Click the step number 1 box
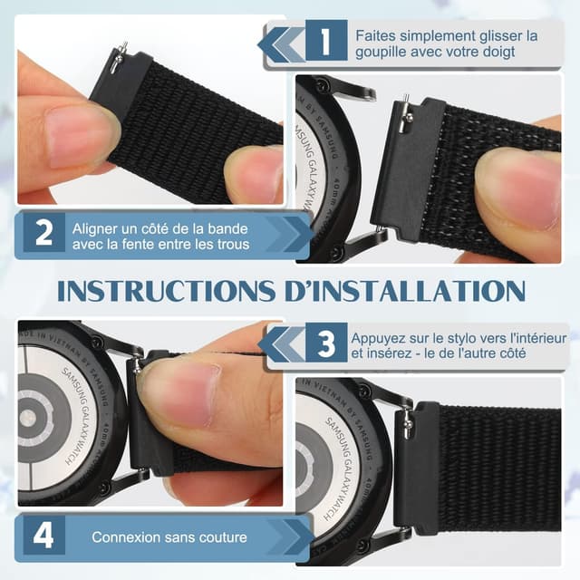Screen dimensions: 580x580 pos(325,43)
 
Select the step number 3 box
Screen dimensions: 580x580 pos(325,345)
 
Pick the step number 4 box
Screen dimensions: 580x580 pos(43,536)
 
